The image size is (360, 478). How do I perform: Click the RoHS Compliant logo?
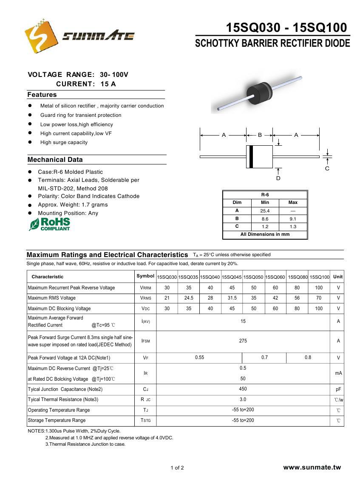pos(50,224)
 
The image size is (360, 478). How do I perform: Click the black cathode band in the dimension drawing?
pos(251,156)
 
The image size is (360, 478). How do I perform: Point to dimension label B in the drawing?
pos(260,135)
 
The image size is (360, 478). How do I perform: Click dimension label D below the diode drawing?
pos(278,178)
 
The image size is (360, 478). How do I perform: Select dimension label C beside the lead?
pos(327,168)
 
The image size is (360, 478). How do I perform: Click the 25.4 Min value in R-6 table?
pos(265,211)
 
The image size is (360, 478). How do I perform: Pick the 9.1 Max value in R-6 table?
pos(293,219)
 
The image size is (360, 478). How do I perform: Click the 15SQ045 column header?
pos(232,277)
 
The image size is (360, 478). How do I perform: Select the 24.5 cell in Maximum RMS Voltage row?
pos(189,298)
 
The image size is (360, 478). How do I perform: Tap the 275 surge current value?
pos(243,341)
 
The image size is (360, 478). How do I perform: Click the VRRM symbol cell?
pos(145,288)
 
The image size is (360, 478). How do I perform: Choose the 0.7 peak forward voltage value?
pos(264,358)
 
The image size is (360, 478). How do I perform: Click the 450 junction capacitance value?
pos(243,389)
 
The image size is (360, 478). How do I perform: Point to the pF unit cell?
pos(338,389)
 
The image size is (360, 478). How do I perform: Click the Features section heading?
pos(42,95)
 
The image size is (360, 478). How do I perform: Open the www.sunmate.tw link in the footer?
pos(312,467)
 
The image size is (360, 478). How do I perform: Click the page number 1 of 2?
pos(177,468)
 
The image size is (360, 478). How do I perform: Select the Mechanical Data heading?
pos(55,160)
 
